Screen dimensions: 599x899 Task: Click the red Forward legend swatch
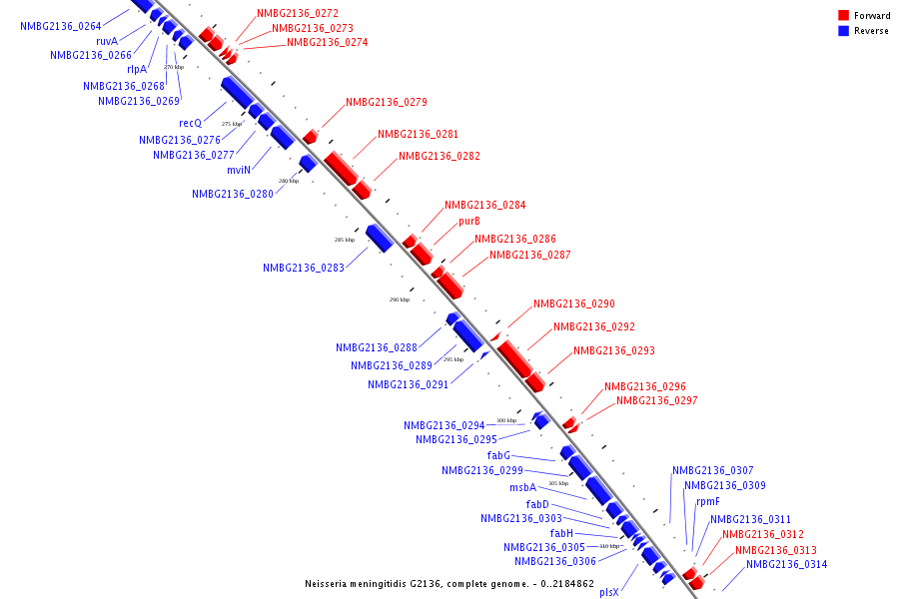(844, 15)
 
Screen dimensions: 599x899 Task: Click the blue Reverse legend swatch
(844, 31)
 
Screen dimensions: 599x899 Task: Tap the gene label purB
(469, 222)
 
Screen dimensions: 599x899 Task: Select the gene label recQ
(204, 123)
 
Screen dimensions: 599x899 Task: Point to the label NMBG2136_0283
(304, 269)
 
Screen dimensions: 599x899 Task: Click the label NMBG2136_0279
(387, 103)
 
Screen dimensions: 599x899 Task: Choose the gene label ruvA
(107, 41)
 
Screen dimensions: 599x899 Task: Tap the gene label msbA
(522, 488)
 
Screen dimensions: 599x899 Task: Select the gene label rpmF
(708, 502)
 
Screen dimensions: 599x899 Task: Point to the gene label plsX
(609, 592)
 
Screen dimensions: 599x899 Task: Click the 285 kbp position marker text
(344, 241)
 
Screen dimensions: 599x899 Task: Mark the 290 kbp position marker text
(400, 299)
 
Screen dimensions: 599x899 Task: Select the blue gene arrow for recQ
(237, 92)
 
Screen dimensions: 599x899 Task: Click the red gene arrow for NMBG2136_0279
(311, 136)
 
